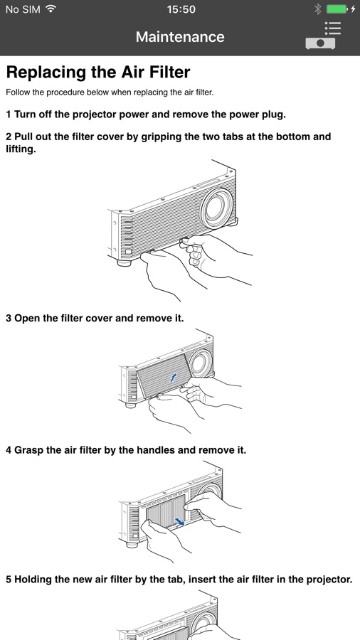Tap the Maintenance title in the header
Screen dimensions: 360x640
(x=180, y=37)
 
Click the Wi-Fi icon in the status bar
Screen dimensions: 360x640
(x=51, y=9)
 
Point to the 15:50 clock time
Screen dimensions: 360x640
(x=181, y=9)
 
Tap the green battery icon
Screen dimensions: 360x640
(x=337, y=9)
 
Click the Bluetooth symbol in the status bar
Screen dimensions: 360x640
(x=318, y=9)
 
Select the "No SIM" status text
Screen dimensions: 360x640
(x=23, y=9)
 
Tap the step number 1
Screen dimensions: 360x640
(x=9, y=114)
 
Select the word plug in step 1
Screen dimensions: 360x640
(x=273, y=115)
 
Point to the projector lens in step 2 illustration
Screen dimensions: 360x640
(x=217, y=208)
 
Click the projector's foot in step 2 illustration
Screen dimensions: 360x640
(x=124, y=262)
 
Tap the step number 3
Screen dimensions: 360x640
(x=9, y=319)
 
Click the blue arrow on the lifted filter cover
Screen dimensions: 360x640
(x=174, y=378)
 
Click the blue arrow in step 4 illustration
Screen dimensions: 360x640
(x=178, y=521)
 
